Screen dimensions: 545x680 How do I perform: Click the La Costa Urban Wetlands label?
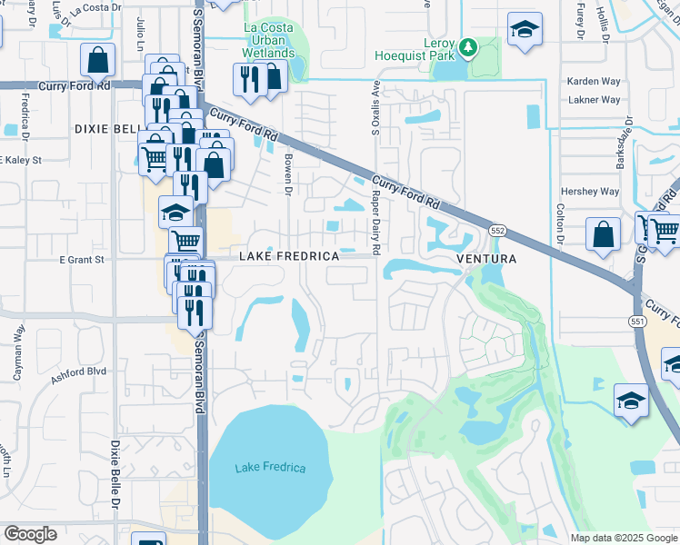(x=269, y=40)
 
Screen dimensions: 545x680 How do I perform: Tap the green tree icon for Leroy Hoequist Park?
(x=468, y=45)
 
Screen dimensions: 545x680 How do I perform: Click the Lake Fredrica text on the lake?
(x=270, y=468)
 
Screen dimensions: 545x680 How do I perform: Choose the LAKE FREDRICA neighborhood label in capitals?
(x=289, y=257)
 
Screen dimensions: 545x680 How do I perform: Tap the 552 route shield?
(x=497, y=231)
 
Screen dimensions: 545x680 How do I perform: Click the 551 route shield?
(x=635, y=321)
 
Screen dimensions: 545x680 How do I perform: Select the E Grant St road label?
(x=82, y=259)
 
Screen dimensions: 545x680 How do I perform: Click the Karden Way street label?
(x=594, y=81)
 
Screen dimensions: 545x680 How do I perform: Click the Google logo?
(x=30, y=534)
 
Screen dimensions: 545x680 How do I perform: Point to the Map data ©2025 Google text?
(x=623, y=538)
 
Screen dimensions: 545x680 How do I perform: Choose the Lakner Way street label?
(x=594, y=100)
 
